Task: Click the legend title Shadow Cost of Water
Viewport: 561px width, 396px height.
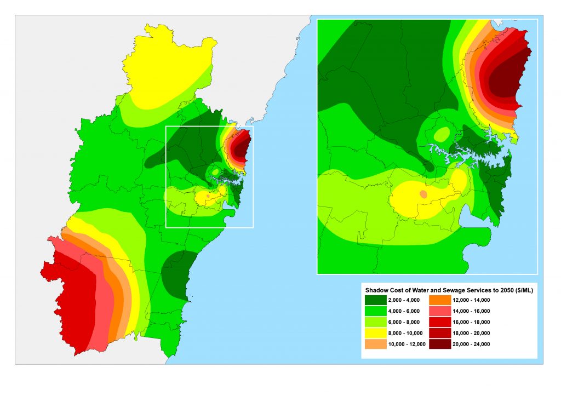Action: pyautogui.click(x=449, y=290)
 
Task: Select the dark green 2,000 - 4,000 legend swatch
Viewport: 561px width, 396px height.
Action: pyautogui.click(x=379, y=300)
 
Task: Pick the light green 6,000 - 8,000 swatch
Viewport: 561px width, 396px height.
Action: pyautogui.click(x=379, y=322)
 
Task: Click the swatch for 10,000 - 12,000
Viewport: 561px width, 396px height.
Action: pyautogui.click(x=379, y=344)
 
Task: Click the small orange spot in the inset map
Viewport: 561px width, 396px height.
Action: pyautogui.click(x=423, y=194)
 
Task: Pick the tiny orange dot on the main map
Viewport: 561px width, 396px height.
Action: pyautogui.click(x=208, y=195)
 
